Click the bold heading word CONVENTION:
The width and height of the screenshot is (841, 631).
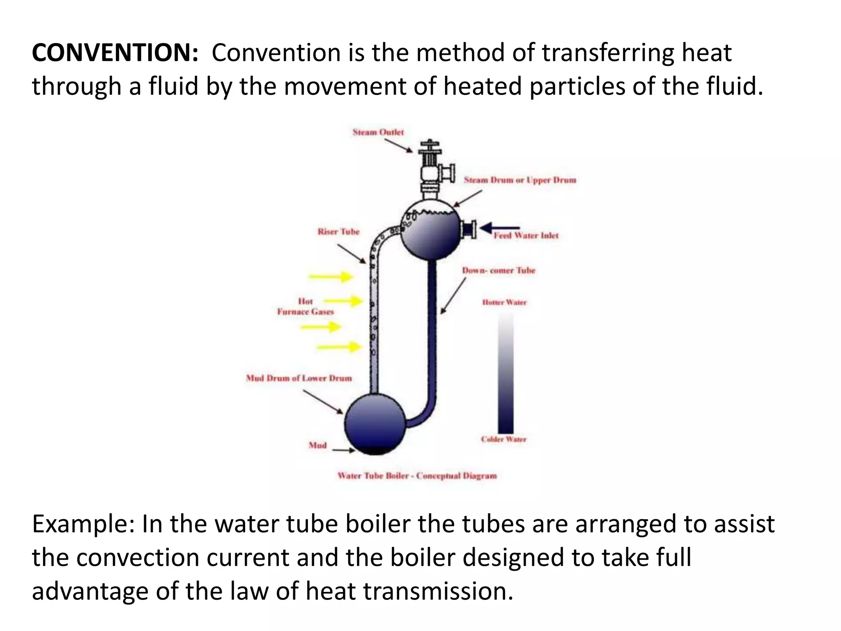(x=115, y=53)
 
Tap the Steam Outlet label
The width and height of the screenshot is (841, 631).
(x=378, y=132)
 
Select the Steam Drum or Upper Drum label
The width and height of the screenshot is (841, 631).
(x=520, y=180)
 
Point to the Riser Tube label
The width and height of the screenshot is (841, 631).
(x=338, y=232)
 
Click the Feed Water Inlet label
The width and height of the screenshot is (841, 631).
(x=526, y=236)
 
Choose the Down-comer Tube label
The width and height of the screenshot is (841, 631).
(x=499, y=270)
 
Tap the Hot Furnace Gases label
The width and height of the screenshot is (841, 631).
(x=306, y=306)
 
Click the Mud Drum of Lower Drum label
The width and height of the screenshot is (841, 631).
(x=299, y=378)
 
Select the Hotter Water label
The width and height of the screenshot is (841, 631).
(x=504, y=302)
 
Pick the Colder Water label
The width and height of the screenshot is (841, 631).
(x=503, y=439)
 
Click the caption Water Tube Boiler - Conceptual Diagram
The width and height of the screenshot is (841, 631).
(x=417, y=476)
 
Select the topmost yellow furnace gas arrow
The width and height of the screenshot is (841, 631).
(x=331, y=277)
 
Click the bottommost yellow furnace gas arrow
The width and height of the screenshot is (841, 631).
(x=339, y=348)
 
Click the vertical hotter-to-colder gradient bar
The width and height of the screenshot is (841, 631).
(x=506, y=374)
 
